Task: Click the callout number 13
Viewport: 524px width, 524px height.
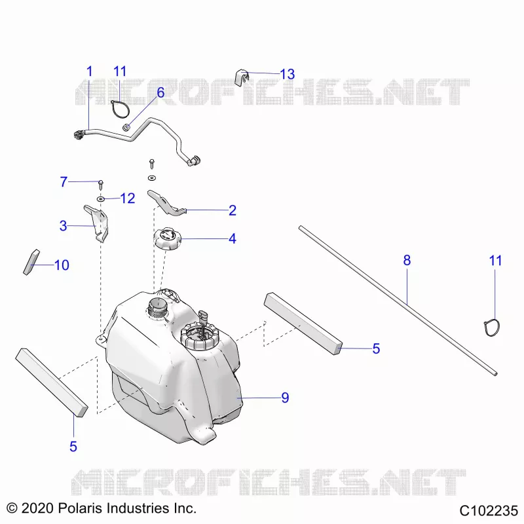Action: (x=288, y=74)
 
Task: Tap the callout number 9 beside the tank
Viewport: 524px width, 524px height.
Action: (x=285, y=398)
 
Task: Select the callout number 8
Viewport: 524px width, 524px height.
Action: (x=407, y=260)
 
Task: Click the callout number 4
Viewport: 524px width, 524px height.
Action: (x=233, y=238)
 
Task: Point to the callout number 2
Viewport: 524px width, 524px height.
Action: (x=233, y=210)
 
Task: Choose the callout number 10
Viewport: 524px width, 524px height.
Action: (x=62, y=265)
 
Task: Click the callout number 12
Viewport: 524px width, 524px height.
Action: (x=127, y=198)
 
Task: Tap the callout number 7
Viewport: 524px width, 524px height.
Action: (x=64, y=182)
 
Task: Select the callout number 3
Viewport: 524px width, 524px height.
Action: (x=63, y=226)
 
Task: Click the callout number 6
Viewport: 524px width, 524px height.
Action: (x=160, y=92)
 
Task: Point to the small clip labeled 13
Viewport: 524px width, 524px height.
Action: (x=242, y=78)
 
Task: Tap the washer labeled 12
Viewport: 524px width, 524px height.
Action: (x=101, y=199)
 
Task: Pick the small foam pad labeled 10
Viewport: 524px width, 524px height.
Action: (x=31, y=263)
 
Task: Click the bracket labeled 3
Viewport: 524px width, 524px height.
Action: (x=96, y=223)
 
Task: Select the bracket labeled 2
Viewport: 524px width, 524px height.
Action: (x=166, y=203)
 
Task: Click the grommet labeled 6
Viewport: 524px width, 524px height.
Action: (x=126, y=127)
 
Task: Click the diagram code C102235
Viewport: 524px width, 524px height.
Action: (x=489, y=511)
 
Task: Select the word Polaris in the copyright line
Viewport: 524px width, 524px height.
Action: (x=80, y=508)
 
